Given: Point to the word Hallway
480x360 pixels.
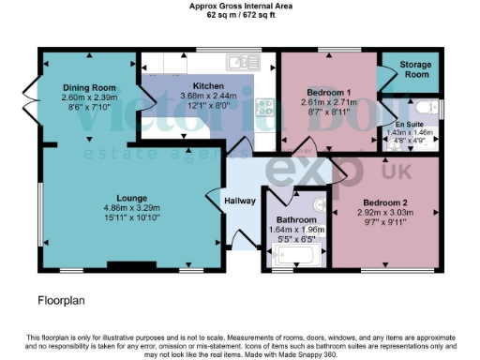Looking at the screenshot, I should pos(241,201).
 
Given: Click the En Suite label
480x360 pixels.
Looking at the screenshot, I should pos(408,125).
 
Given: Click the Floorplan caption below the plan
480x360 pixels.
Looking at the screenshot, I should pos(62,302).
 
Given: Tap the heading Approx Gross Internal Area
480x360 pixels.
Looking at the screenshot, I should pos(239,6).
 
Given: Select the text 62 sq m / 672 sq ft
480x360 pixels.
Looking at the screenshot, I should pos(239,16).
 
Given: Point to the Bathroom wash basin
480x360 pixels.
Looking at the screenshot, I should pos(320,203).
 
